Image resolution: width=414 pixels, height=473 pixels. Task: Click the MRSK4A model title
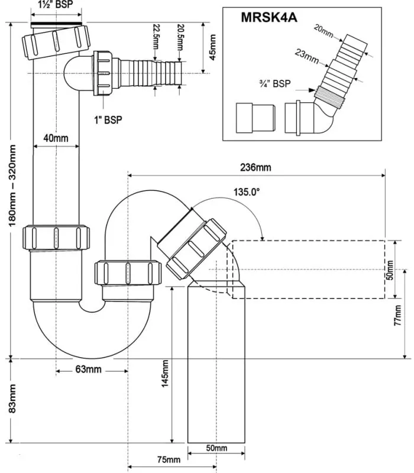coord(269,18)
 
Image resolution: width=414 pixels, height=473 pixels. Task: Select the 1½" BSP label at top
coord(56,4)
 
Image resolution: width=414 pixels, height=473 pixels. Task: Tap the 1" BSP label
coord(108,120)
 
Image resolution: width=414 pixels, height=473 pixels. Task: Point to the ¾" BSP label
coord(275,83)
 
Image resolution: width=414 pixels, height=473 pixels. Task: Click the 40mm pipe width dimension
coord(56,138)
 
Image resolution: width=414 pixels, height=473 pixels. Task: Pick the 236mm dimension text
coord(255,167)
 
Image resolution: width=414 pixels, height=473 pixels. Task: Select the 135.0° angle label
coord(247,192)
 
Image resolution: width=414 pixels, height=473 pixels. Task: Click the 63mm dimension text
coord(88,369)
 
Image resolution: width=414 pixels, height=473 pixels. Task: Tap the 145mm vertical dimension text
coord(165,374)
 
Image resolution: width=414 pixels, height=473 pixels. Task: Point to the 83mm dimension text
coord(12,399)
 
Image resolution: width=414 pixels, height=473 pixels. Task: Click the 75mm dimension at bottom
coord(169,460)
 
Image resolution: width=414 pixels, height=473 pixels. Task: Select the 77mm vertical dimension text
coord(398,315)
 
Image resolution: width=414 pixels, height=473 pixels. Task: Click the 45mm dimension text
coord(212,47)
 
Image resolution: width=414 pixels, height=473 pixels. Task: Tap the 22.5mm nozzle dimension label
coord(156,37)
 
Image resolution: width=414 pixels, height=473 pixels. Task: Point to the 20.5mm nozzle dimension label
coord(180,37)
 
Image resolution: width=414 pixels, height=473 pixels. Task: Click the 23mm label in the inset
coord(307,56)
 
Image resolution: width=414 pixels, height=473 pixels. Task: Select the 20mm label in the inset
coord(324,31)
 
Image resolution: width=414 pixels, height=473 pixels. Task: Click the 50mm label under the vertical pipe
coord(216,448)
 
